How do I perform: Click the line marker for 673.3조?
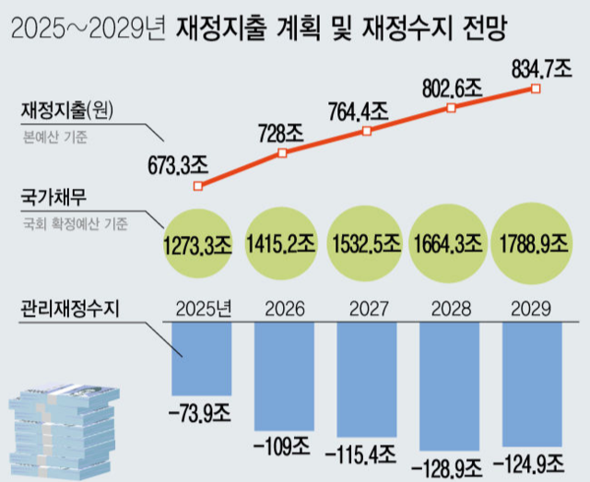tap(197, 186)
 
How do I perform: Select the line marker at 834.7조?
tap(537, 88)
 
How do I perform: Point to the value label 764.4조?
tap(359, 112)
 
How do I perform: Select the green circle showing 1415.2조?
tap(283, 245)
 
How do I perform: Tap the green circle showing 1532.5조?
tap(366, 245)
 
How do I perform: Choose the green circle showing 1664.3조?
tap(449, 245)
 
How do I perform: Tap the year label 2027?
tap(366, 308)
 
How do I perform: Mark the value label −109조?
tap(283, 447)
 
